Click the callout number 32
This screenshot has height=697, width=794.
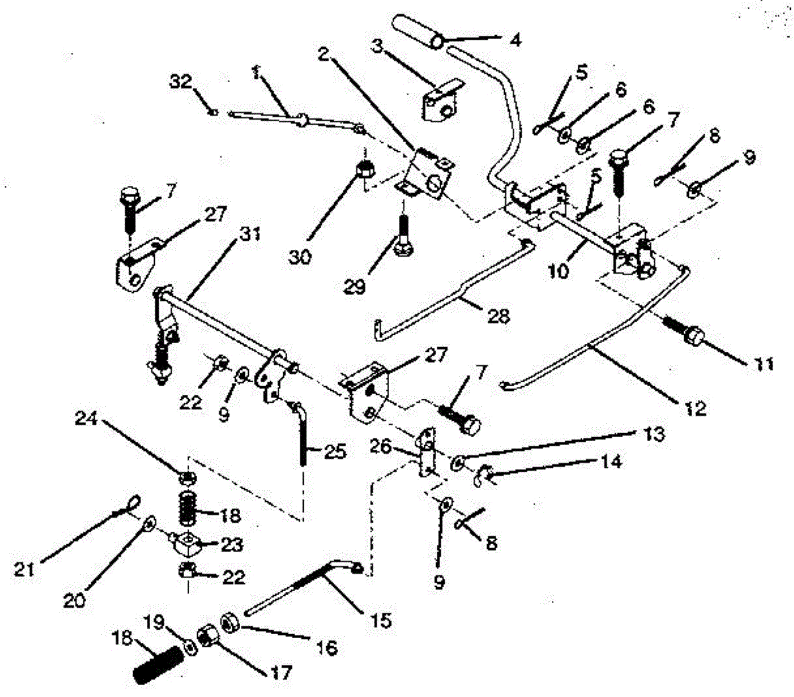181,82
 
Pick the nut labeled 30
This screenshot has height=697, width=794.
363,170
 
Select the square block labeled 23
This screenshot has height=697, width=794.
188,545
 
